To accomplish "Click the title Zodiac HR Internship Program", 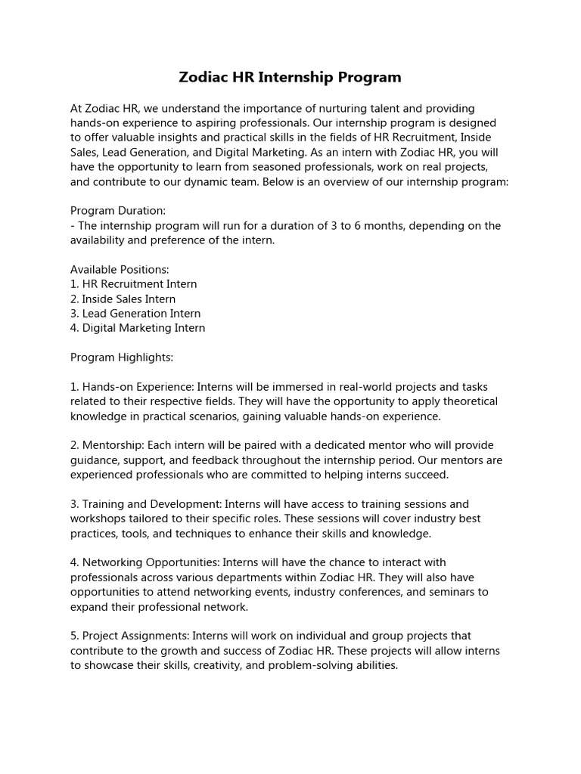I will click(290, 77).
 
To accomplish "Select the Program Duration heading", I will click(117, 211).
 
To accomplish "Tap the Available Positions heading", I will click(120, 270).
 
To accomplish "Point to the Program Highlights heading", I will click(122, 358).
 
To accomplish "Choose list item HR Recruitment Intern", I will click(134, 284).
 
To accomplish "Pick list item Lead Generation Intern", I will click(135, 314).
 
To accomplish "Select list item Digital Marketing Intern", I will click(138, 328).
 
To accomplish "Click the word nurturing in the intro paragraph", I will click(350, 109).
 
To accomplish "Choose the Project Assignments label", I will click(129, 636).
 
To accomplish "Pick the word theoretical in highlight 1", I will click(465, 401).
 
